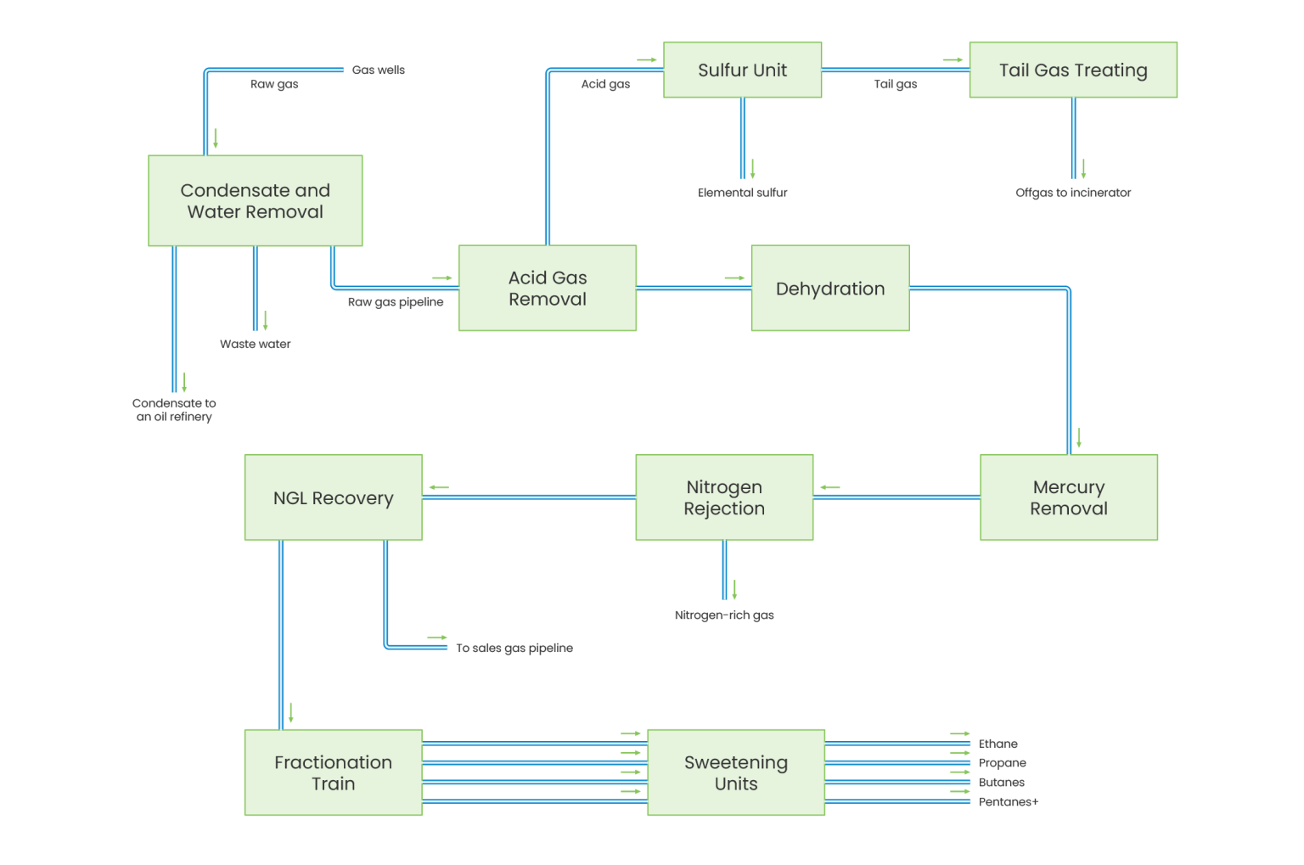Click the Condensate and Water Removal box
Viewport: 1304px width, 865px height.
click(256, 200)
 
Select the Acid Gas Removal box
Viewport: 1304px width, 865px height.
click(548, 288)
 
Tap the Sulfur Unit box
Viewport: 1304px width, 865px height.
click(742, 70)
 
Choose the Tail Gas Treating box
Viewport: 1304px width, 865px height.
click(1073, 70)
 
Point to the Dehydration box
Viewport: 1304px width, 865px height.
click(829, 288)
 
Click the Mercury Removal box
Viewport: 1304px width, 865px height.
click(1068, 497)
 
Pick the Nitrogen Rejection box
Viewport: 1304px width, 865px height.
click(724, 497)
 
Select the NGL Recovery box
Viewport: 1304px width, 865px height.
click(333, 497)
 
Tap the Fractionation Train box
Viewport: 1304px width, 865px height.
click(333, 772)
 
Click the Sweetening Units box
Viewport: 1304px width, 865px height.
click(735, 772)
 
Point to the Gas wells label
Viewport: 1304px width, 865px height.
click(379, 70)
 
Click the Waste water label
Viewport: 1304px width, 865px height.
click(255, 344)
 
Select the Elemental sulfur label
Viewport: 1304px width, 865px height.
click(743, 193)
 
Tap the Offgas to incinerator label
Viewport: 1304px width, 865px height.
click(1073, 193)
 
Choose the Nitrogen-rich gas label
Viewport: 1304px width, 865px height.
click(724, 615)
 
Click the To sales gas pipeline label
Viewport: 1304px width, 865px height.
click(514, 648)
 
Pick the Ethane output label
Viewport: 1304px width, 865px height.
click(998, 744)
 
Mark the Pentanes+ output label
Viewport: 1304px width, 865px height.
click(1009, 801)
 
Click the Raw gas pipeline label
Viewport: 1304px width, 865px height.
click(396, 301)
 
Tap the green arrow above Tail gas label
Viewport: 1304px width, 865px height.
click(953, 60)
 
